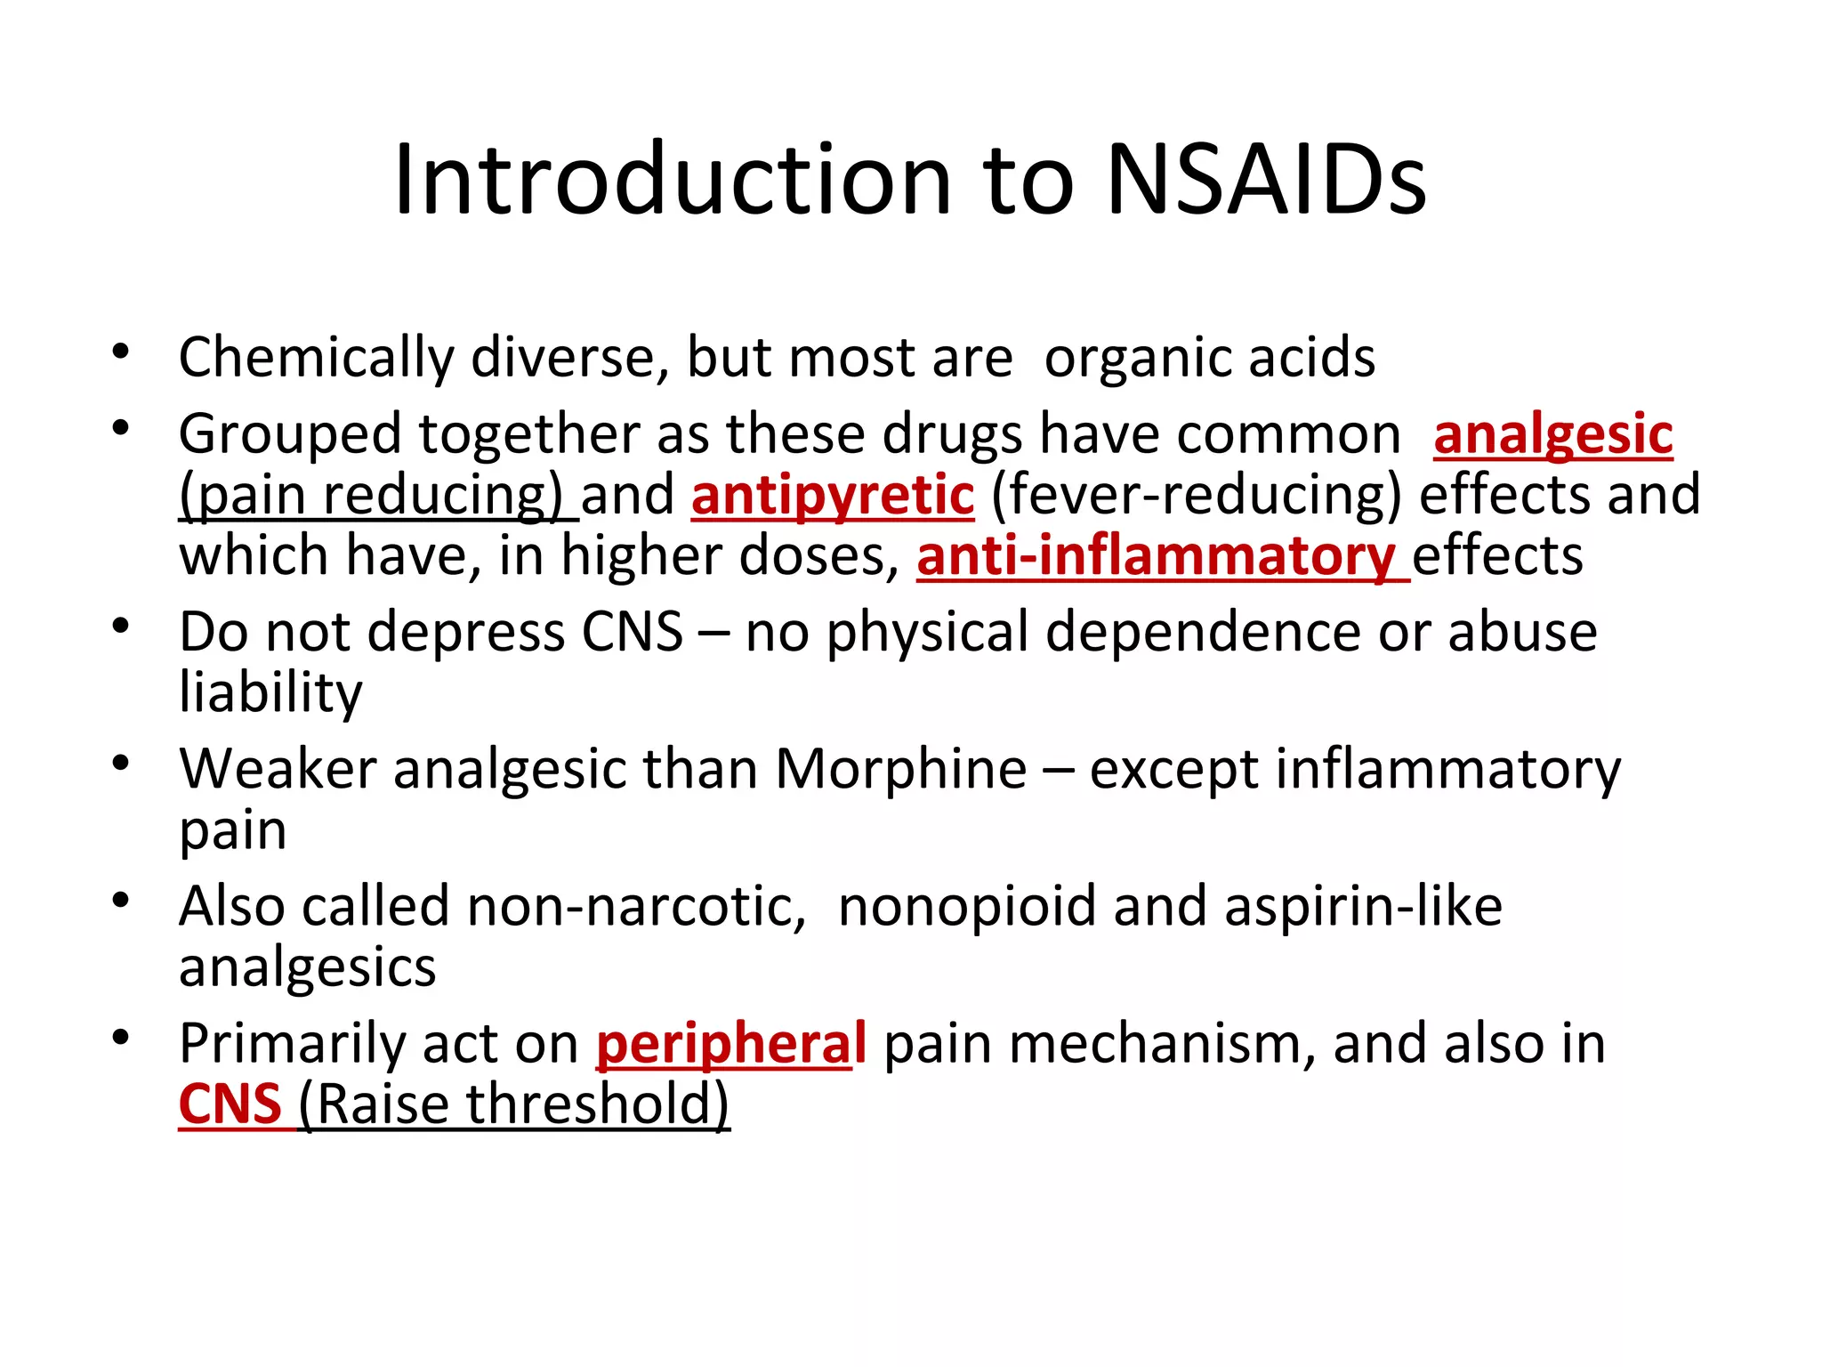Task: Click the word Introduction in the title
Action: (x=673, y=180)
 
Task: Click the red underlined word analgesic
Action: (x=1552, y=435)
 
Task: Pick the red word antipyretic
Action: (x=833, y=495)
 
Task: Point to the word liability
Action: (x=270, y=692)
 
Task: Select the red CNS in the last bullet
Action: (x=230, y=1104)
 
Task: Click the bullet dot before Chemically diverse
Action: (x=121, y=352)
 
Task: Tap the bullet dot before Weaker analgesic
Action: (x=121, y=763)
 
